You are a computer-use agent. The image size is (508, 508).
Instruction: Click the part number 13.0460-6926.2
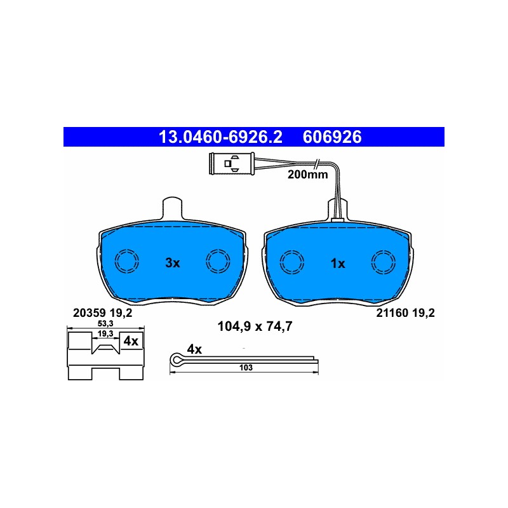pos(220,137)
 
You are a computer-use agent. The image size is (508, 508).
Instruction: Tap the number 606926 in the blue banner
pos(332,137)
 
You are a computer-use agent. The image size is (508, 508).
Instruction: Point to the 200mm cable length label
pos(307,175)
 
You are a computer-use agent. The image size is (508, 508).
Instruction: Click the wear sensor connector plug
pos(232,164)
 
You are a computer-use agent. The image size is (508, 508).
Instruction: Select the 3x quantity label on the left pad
pos(172,263)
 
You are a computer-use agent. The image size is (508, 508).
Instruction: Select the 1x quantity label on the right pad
pos(338,264)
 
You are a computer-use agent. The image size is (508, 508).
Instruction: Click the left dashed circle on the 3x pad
pos(127,261)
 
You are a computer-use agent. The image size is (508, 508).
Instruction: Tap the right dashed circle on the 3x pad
pos(218,261)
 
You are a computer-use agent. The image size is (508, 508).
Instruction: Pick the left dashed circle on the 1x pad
pos(292,262)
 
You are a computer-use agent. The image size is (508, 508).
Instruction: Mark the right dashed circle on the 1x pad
pos(384,262)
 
